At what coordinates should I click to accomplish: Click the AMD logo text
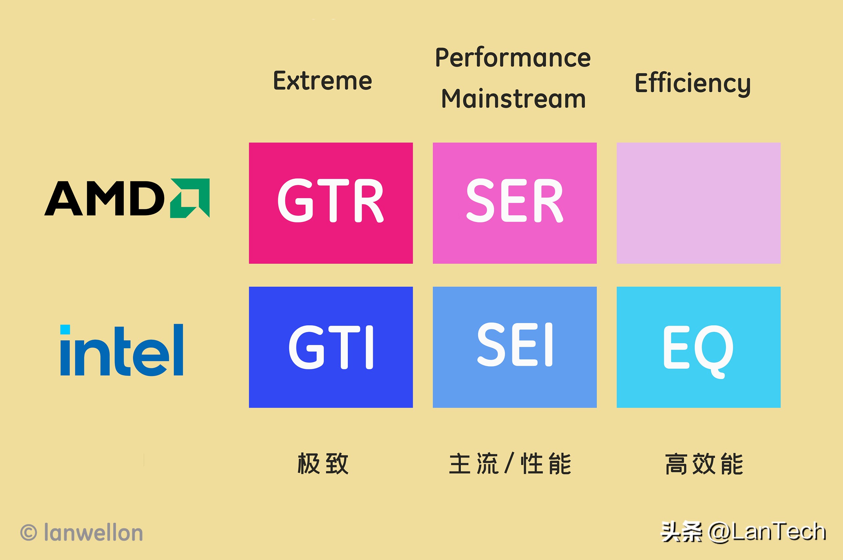coord(104,199)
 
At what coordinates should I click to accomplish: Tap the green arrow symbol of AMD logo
coord(190,198)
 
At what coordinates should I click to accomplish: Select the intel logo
coord(122,350)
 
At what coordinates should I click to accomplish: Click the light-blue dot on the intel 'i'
coord(65,329)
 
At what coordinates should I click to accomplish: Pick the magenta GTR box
coord(331,203)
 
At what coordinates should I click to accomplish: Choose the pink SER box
coord(514,203)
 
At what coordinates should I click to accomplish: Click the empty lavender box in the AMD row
coord(698,203)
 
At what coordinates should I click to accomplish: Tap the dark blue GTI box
coord(331,347)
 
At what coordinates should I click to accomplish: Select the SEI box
coord(514,347)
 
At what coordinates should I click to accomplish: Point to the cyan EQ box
coord(698,347)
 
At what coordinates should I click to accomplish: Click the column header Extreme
coord(322,81)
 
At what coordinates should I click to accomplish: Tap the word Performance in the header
coord(513,58)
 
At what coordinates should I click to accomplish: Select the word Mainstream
coord(513,98)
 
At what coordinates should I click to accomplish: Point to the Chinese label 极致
coord(323,463)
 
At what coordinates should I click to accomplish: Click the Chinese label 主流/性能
coord(510,463)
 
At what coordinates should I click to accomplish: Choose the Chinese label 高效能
coord(704,463)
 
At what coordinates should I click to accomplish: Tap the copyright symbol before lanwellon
coord(29,533)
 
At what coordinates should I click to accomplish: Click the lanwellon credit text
coord(93,533)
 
